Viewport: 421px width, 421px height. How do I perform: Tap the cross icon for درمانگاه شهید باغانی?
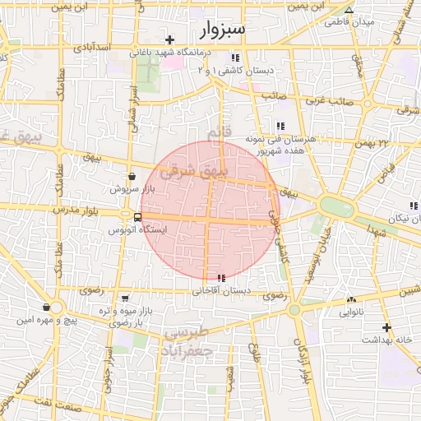169,39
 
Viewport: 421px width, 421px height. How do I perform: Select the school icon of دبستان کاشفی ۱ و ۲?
235,58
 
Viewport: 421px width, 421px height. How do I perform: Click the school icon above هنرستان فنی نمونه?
280,126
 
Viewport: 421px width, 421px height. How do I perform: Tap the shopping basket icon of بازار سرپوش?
132,176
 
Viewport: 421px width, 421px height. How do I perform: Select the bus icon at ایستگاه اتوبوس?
136,218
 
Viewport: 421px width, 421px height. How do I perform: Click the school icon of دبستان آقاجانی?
220,277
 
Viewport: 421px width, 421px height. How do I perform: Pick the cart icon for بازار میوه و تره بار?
123,298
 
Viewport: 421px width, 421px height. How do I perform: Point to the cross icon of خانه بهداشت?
386,327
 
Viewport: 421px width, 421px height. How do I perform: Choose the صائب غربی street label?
329,100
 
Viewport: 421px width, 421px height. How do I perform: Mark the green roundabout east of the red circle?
335,206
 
